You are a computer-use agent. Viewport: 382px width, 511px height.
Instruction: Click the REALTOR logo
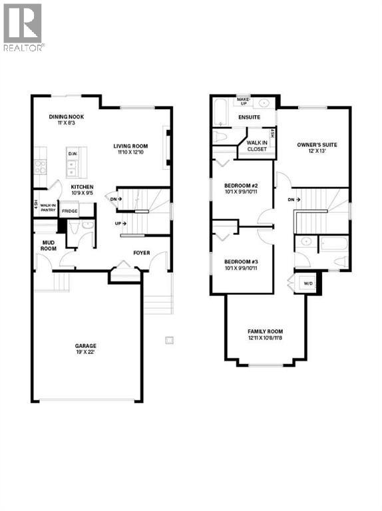click(x=23, y=27)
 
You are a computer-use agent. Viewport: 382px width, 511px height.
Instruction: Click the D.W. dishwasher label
click(x=73, y=154)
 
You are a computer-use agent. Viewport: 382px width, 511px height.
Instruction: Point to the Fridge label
click(x=69, y=211)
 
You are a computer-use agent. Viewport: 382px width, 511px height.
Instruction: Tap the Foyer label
click(x=141, y=253)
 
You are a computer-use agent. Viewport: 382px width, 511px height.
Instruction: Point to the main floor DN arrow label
click(x=116, y=198)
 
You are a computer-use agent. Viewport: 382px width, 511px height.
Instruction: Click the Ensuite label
click(x=244, y=118)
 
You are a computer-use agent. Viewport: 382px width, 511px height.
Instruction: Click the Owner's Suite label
click(x=313, y=144)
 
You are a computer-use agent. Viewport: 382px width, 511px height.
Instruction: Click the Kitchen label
click(x=82, y=187)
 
